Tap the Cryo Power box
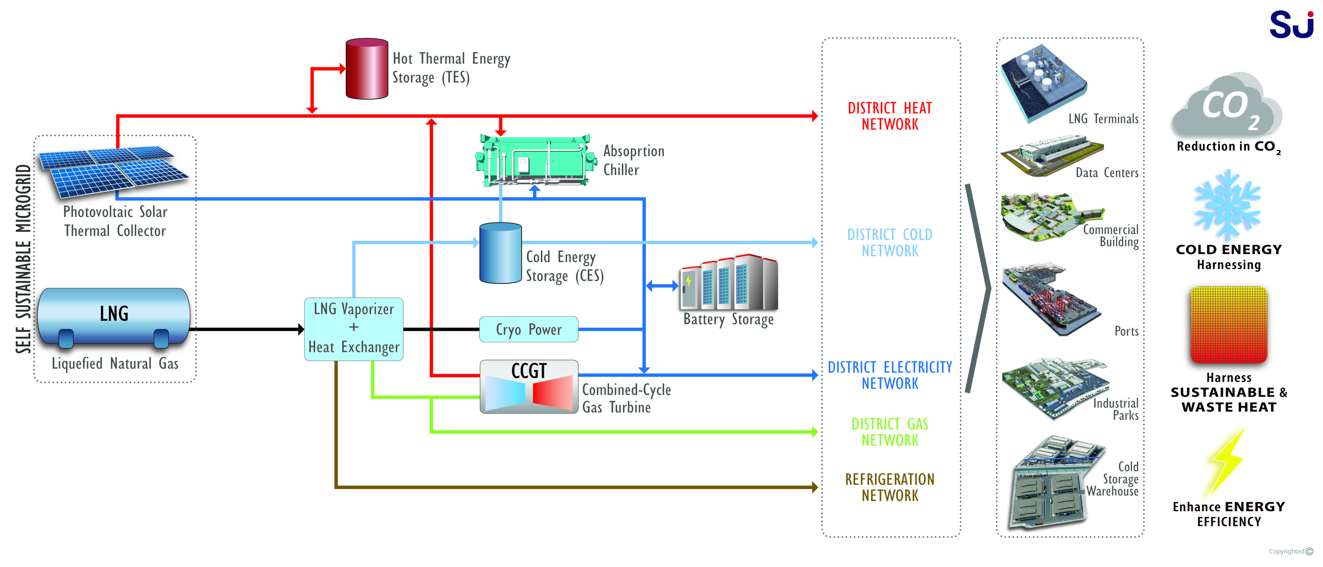[528, 329]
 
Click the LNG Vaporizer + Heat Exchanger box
[354, 329]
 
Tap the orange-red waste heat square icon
[1228, 325]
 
